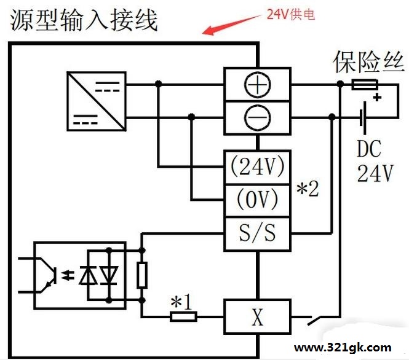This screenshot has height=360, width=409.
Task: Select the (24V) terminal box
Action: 258,167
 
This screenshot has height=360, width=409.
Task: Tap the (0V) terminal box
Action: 258,200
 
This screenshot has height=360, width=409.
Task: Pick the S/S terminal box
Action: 258,234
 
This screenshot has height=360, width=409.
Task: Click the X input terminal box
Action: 258,317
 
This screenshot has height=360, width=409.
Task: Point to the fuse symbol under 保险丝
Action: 365,85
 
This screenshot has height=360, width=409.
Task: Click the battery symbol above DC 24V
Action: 363,118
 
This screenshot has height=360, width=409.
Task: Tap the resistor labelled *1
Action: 183,316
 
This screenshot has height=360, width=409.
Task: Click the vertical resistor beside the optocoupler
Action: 142,275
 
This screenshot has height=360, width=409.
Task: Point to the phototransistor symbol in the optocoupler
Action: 48,275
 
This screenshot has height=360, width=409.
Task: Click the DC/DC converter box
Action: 97,101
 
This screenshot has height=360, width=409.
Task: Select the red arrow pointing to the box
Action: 232,25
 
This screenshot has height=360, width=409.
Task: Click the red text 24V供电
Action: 291,14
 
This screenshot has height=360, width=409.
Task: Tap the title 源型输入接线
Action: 84,20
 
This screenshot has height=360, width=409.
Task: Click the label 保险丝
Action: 369,62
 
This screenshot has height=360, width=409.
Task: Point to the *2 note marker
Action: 308,189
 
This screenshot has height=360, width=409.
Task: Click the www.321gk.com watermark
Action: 343,348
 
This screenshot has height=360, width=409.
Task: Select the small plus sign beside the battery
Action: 377,98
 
